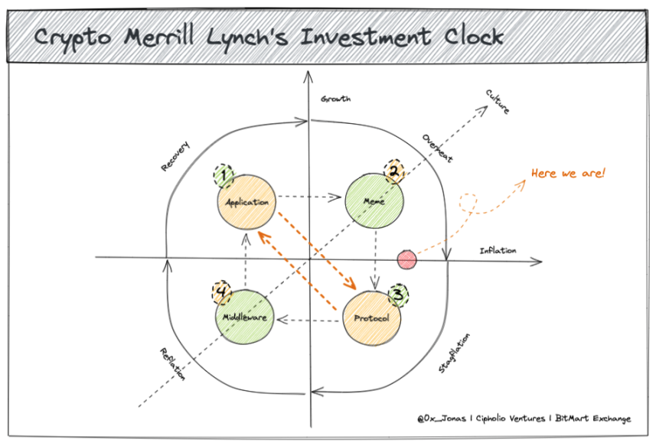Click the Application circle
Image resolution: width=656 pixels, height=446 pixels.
point(246,202)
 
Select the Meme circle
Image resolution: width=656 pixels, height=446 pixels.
point(374,201)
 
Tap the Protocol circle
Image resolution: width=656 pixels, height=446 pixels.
point(371,318)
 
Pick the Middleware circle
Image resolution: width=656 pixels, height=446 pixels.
point(245,317)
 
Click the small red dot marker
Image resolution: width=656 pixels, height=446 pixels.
point(406,259)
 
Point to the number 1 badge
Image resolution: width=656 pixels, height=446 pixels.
point(224,175)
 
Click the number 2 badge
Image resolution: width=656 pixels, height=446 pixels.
point(394,171)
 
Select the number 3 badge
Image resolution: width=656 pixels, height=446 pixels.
point(398,295)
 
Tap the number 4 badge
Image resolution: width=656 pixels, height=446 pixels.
point(222,291)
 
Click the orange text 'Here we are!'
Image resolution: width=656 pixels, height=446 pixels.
point(568,173)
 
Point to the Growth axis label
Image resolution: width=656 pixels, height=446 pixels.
point(335,99)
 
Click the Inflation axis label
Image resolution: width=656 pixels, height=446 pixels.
point(498,250)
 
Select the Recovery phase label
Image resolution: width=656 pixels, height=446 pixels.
point(175,156)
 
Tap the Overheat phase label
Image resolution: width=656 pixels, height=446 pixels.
point(437,148)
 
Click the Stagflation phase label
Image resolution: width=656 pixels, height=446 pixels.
point(455,353)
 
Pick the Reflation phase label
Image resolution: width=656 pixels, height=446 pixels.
point(172,364)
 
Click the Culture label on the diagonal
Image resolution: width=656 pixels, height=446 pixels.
point(498,102)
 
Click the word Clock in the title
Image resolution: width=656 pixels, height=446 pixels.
point(474,37)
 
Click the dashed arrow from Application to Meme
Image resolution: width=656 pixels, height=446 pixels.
point(309,197)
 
